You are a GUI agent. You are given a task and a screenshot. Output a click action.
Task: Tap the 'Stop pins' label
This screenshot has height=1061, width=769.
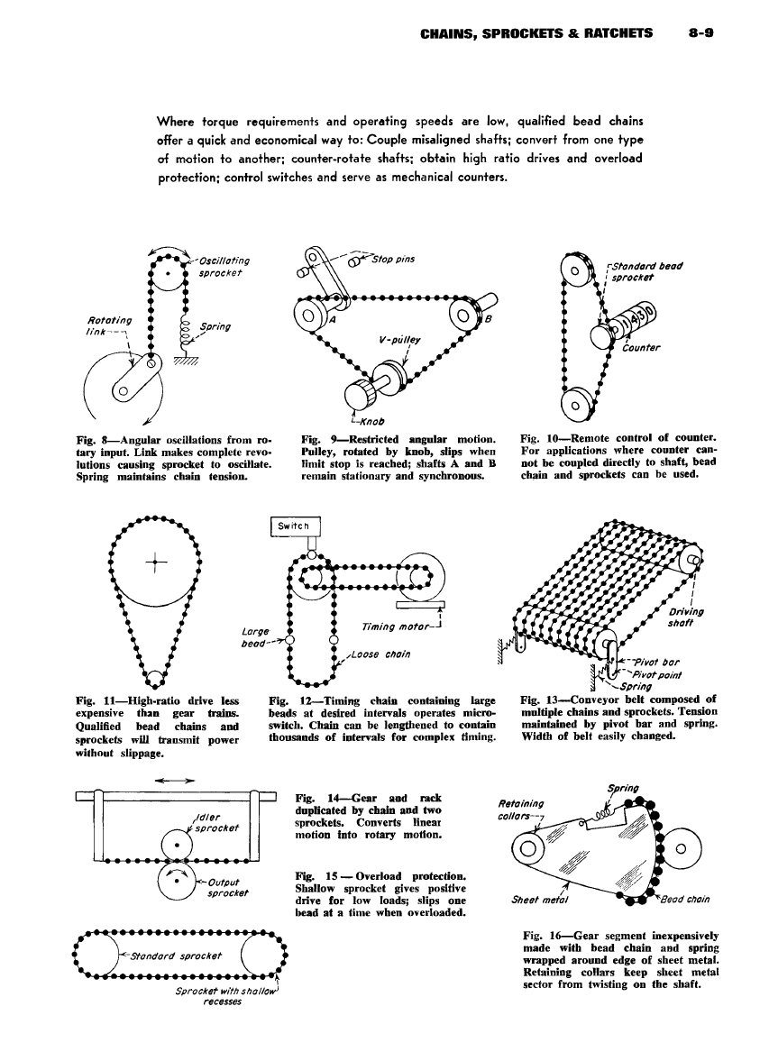click(389, 260)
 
